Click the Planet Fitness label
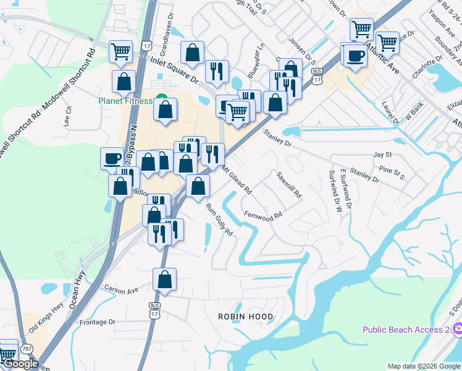[x=124, y=101]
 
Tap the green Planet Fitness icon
[x=161, y=98]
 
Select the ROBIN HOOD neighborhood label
[x=245, y=317]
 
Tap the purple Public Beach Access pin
[x=456, y=330]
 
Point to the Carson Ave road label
[x=120, y=289]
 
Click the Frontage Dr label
[x=98, y=322]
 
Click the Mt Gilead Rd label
[x=237, y=181]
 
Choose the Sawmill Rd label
[x=289, y=184]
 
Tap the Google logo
[x=20, y=364]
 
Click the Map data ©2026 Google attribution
[x=424, y=366]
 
